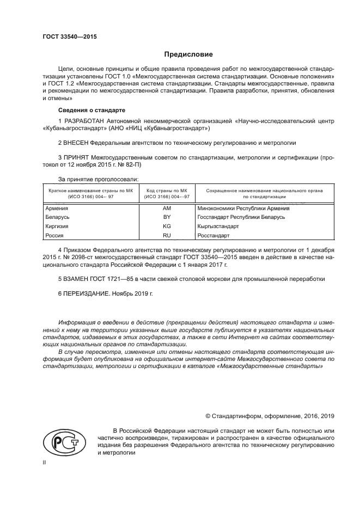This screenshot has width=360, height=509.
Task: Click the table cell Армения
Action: [57, 208]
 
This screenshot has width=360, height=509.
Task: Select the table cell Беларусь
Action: [57, 217]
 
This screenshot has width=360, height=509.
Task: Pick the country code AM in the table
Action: [167, 208]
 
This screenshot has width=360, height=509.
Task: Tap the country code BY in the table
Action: [167, 217]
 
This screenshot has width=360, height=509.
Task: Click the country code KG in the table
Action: [167, 226]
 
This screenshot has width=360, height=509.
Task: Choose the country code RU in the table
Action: [167, 235]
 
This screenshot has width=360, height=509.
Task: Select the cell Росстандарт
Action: [213, 235]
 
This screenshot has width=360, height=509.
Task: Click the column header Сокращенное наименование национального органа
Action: [264, 191]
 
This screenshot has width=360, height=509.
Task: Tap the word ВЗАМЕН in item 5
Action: [78, 279]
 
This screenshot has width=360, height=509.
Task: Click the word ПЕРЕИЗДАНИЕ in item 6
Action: [87, 293]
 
